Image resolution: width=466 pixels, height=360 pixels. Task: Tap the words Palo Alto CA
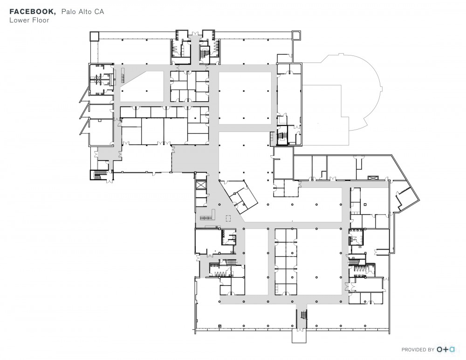pos(82,12)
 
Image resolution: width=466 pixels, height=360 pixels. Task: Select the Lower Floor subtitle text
pos(29,20)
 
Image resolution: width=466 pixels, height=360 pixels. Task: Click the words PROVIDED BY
pos(418,350)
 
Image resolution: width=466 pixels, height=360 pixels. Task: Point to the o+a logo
pos(446,349)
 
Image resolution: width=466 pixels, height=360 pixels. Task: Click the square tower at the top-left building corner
pos(94,36)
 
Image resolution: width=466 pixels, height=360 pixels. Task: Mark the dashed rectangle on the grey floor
pos(228,218)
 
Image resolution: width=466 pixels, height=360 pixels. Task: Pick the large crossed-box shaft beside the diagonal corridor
pos(201,185)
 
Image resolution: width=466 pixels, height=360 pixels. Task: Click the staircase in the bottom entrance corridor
pos(303,314)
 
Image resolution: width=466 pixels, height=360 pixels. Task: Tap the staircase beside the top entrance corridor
pos(204,54)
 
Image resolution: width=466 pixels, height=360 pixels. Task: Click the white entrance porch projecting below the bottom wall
pos(299,336)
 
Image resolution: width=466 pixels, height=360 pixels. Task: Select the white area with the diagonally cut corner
pos(143,87)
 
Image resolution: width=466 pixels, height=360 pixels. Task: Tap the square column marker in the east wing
pos(365,204)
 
